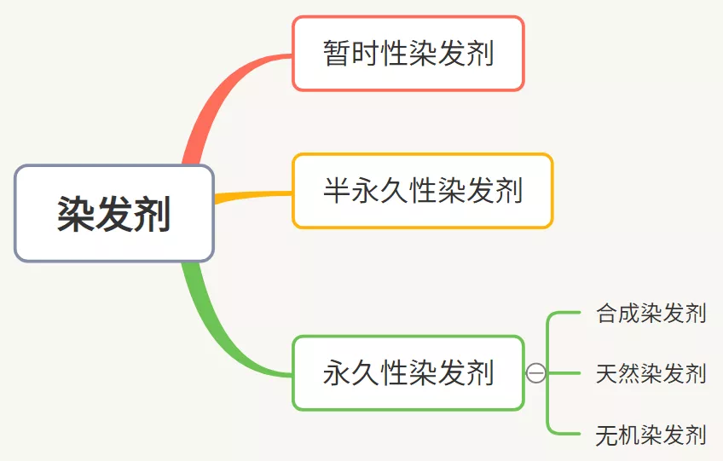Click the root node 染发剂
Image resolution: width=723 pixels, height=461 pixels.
coord(114,213)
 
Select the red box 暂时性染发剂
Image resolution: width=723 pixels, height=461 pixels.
coord(408,53)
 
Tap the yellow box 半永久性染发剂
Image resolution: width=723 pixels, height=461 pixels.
coord(422,190)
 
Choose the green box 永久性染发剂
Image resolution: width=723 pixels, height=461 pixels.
coord(408,373)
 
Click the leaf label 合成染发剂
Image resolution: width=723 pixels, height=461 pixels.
coord(651,313)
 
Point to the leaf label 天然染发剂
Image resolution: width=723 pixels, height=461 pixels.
coord(651,373)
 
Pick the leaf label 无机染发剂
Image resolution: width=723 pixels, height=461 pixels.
coord(651,435)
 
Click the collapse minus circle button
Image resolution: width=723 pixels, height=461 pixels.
coord(535,373)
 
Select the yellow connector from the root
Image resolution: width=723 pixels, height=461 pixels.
coord(253,196)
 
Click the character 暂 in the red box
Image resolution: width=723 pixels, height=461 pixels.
coord(337,53)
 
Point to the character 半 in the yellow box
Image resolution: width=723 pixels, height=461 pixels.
coord(337,190)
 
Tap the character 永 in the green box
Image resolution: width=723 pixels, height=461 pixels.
coord(337,373)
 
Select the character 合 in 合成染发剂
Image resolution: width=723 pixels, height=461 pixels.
coord(607,313)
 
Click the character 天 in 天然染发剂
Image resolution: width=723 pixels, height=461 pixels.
coord(607,373)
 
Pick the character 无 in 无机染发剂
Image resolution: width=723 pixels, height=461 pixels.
coord(607,435)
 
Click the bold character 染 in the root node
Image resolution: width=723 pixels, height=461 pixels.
coord(76,213)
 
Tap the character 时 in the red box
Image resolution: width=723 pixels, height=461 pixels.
coord(365,53)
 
